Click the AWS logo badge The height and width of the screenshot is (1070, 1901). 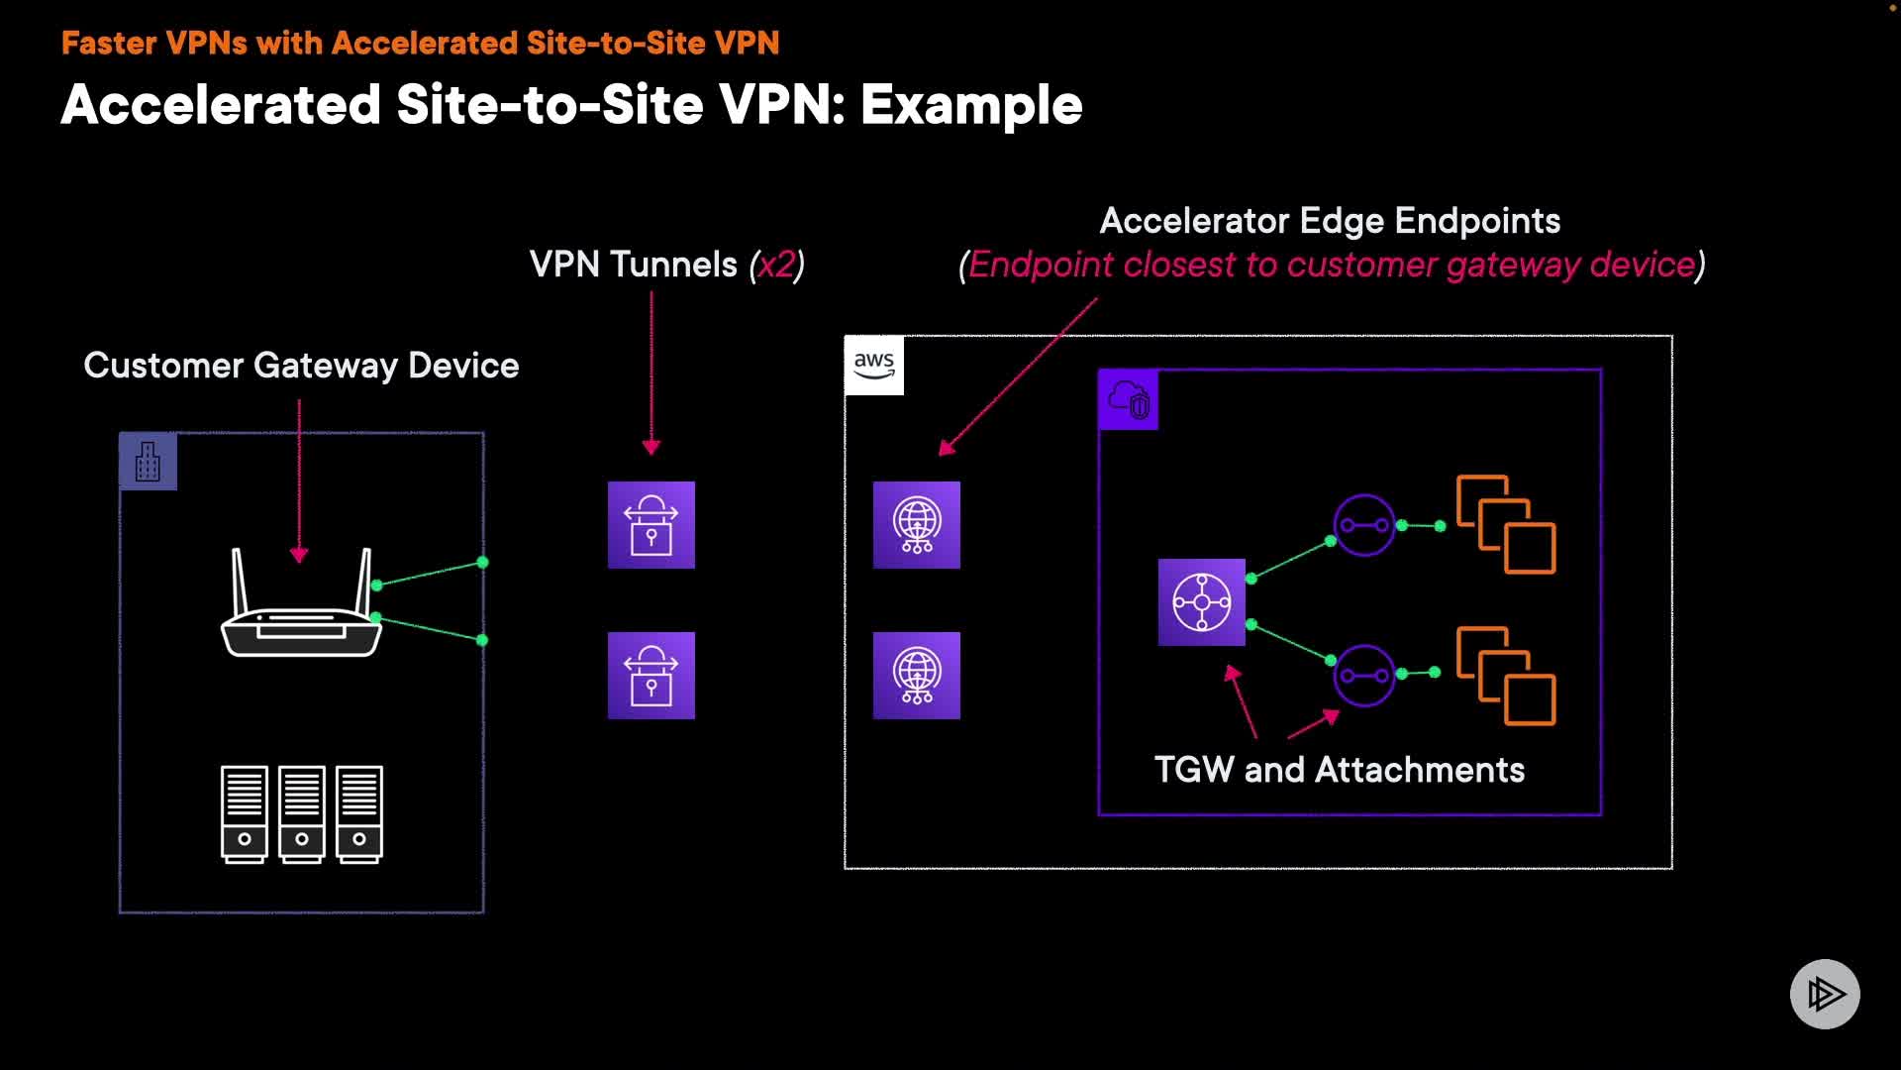(874, 366)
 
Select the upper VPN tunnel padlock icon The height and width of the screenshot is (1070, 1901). (651, 525)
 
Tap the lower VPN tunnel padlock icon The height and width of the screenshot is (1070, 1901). (651, 676)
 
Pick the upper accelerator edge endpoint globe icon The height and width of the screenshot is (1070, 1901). (917, 525)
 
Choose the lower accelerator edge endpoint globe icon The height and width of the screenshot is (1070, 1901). (917, 676)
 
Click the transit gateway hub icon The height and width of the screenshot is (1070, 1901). (1202, 602)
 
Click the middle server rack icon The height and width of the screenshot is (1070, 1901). (302, 814)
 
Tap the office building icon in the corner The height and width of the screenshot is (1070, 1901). (148, 462)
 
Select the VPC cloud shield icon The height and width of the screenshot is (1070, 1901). (1129, 400)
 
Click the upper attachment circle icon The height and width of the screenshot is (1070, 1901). (1364, 525)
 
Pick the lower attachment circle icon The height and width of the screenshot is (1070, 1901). (1364, 676)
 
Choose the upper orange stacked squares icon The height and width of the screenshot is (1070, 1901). (1506, 524)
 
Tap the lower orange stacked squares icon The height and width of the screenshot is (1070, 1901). (1506, 676)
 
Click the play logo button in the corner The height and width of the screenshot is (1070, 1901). (1825, 994)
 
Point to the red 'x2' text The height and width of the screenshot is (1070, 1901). (776, 265)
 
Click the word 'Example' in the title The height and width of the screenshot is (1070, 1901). (971, 105)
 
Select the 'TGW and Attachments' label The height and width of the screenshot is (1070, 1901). (1340, 770)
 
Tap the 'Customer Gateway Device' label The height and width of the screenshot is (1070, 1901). (301, 366)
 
